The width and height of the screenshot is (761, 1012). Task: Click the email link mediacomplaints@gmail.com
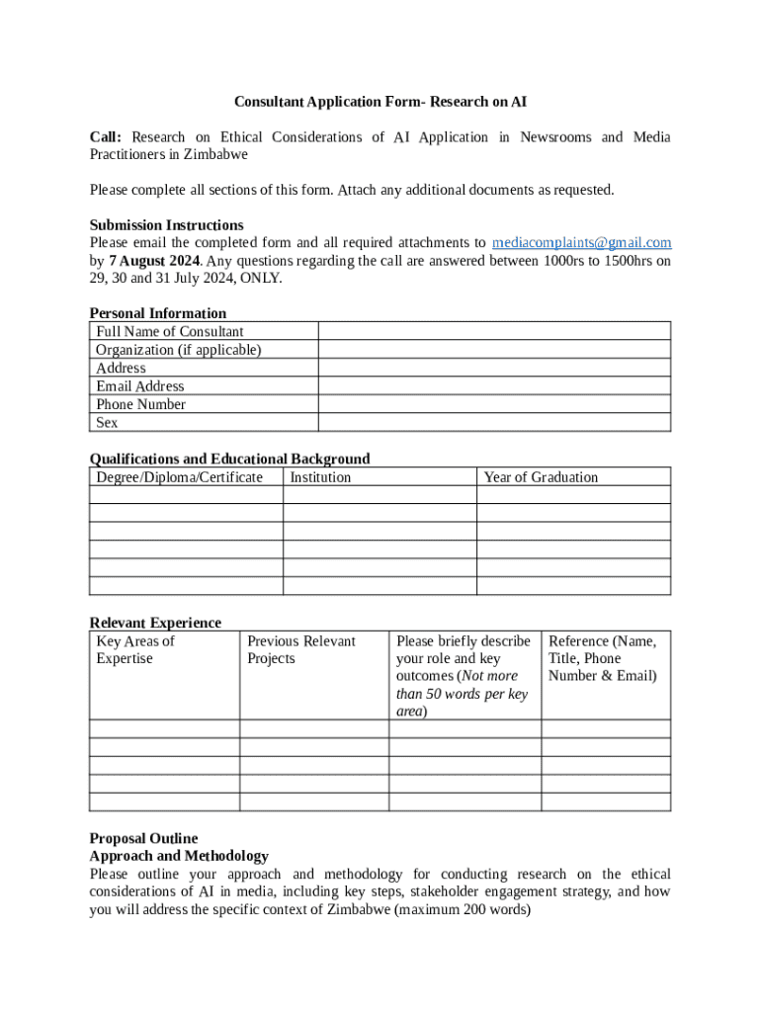click(x=581, y=243)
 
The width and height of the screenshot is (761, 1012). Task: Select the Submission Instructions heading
click(x=166, y=225)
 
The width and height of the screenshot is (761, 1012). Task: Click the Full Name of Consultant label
click(x=169, y=332)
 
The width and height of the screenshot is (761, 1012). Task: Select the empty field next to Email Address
click(x=493, y=386)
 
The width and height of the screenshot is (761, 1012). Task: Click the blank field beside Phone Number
click(x=493, y=404)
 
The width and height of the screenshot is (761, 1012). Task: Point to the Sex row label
click(x=107, y=423)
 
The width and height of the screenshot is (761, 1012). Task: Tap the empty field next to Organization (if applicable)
click(x=493, y=350)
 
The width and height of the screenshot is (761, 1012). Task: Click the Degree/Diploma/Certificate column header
click(x=179, y=477)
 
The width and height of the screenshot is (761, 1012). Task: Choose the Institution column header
click(x=320, y=477)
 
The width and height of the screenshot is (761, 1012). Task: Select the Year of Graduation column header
click(x=541, y=477)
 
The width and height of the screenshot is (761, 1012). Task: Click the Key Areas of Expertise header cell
click(x=135, y=650)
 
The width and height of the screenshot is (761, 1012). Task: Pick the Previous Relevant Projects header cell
click(x=300, y=650)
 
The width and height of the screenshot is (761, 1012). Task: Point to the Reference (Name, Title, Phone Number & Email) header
click(x=602, y=659)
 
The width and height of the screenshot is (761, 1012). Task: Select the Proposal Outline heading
click(x=143, y=839)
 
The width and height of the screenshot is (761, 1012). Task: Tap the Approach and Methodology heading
click(x=178, y=857)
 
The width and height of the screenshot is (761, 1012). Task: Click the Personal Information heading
click(x=157, y=314)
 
